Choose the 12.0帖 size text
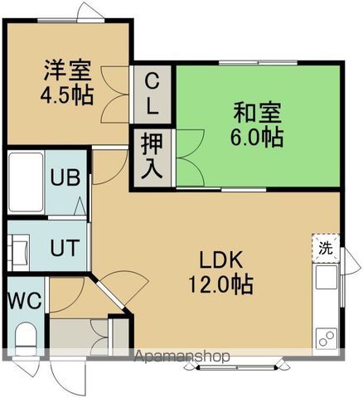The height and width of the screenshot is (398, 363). [219, 284]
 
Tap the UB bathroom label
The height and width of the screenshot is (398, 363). [64, 177]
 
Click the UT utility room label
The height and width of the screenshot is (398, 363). [64, 246]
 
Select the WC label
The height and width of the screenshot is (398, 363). [24, 301]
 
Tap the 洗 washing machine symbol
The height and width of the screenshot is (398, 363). [326, 246]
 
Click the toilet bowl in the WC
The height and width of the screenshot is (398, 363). [27, 338]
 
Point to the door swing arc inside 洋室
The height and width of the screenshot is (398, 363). [114, 104]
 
